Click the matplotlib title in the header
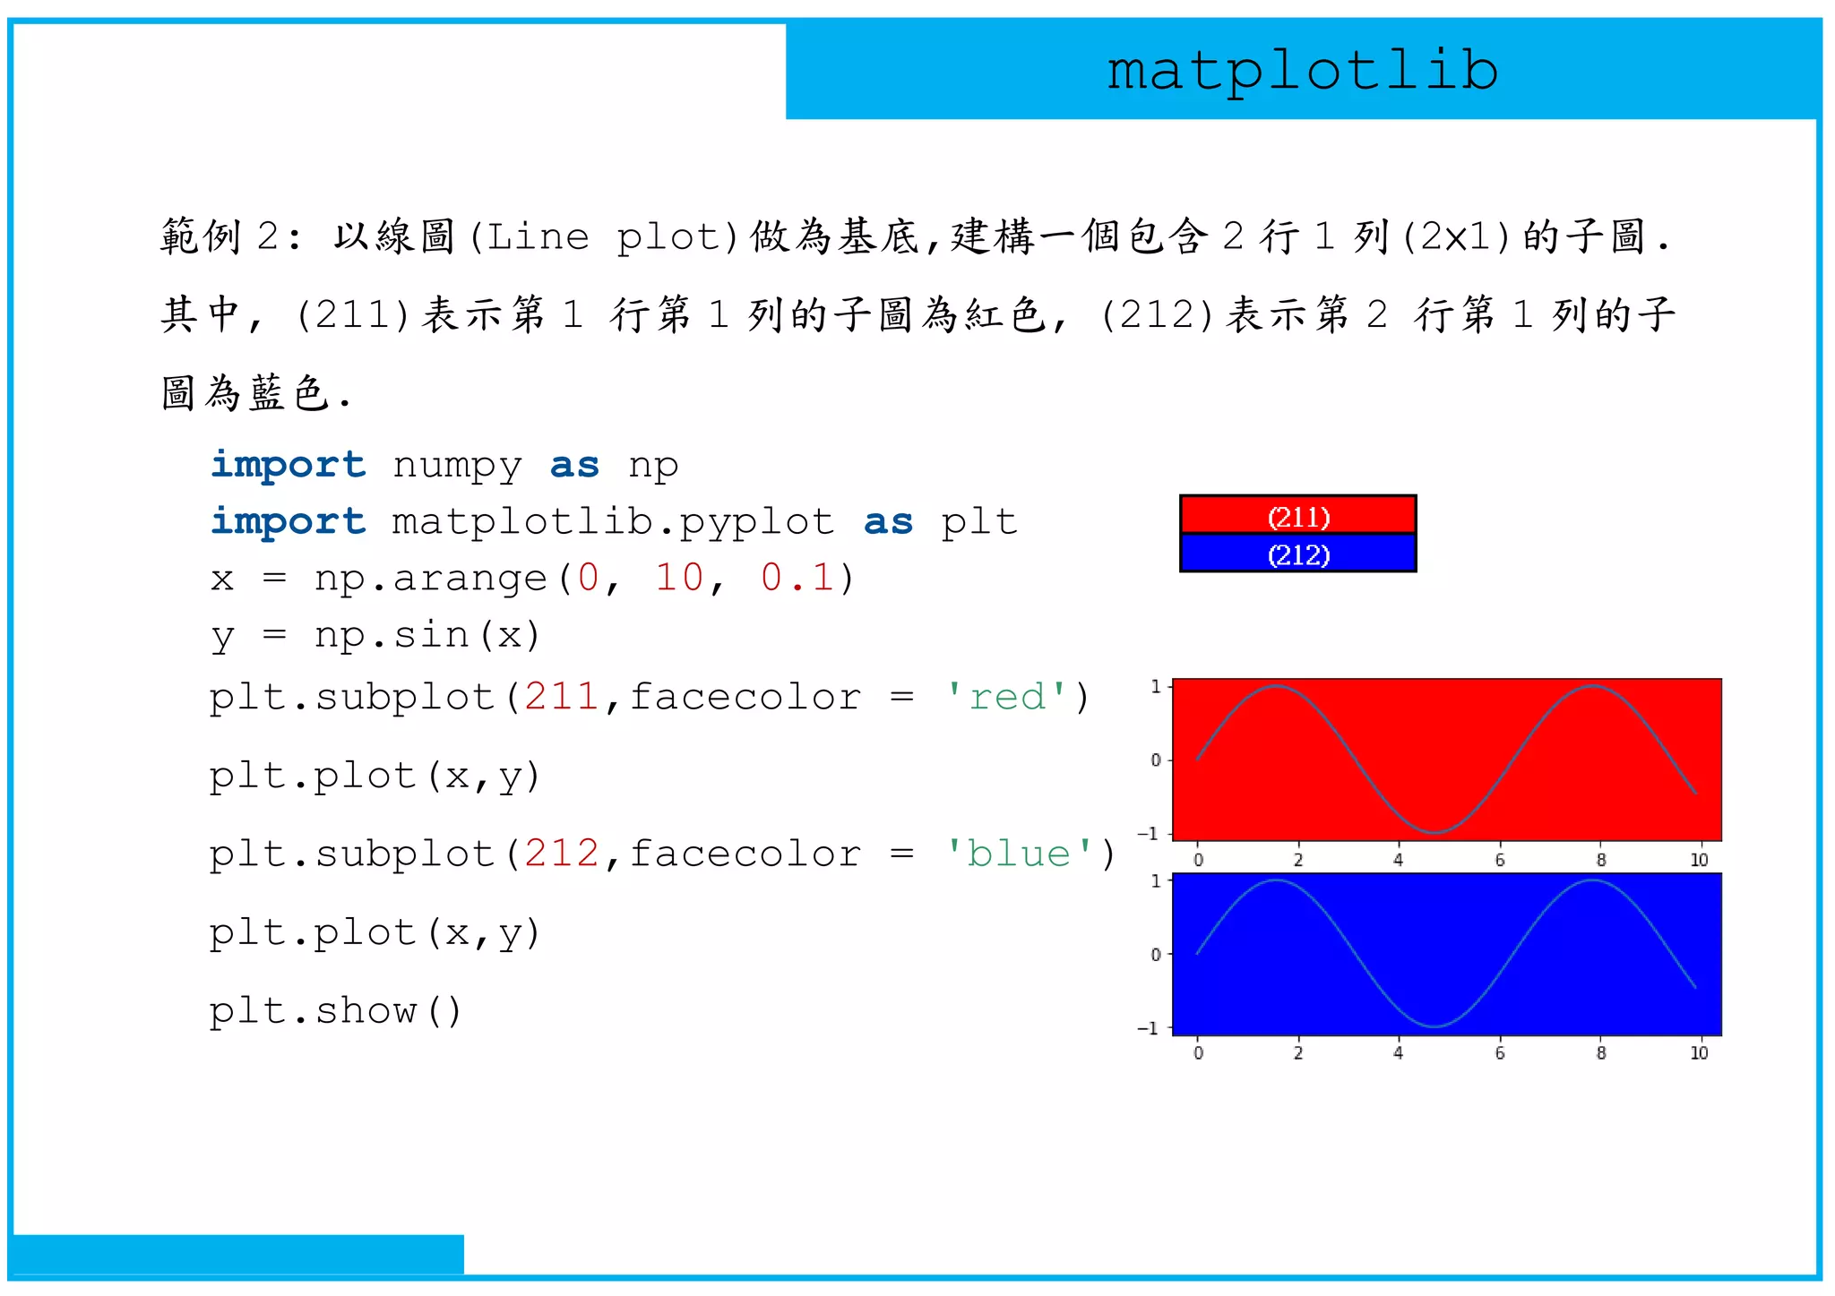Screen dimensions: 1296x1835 coord(1302,72)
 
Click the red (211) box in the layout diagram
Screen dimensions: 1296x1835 coord(1298,516)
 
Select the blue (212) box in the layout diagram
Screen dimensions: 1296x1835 coord(1298,554)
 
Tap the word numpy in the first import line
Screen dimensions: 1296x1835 coord(457,466)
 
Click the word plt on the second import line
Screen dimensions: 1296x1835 coord(978,522)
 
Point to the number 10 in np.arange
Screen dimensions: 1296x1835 coord(679,578)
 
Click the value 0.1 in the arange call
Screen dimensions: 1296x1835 coord(797,578)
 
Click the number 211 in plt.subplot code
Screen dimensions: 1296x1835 coord(562,697)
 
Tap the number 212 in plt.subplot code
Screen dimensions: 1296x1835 coord(562,854)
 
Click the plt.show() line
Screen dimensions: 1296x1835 coord(336,1011)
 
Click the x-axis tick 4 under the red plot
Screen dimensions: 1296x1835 coord(1398,860)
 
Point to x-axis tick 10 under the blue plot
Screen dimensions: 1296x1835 coord(1699,1053)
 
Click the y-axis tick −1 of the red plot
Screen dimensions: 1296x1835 coord(1149,834)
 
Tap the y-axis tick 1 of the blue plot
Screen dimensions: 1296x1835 coord(1156,881)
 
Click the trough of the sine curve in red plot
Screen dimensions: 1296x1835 coord(1434,832)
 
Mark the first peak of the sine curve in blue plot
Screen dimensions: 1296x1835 coord(1276,881)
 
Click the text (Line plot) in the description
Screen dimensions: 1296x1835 coord(603,237)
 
